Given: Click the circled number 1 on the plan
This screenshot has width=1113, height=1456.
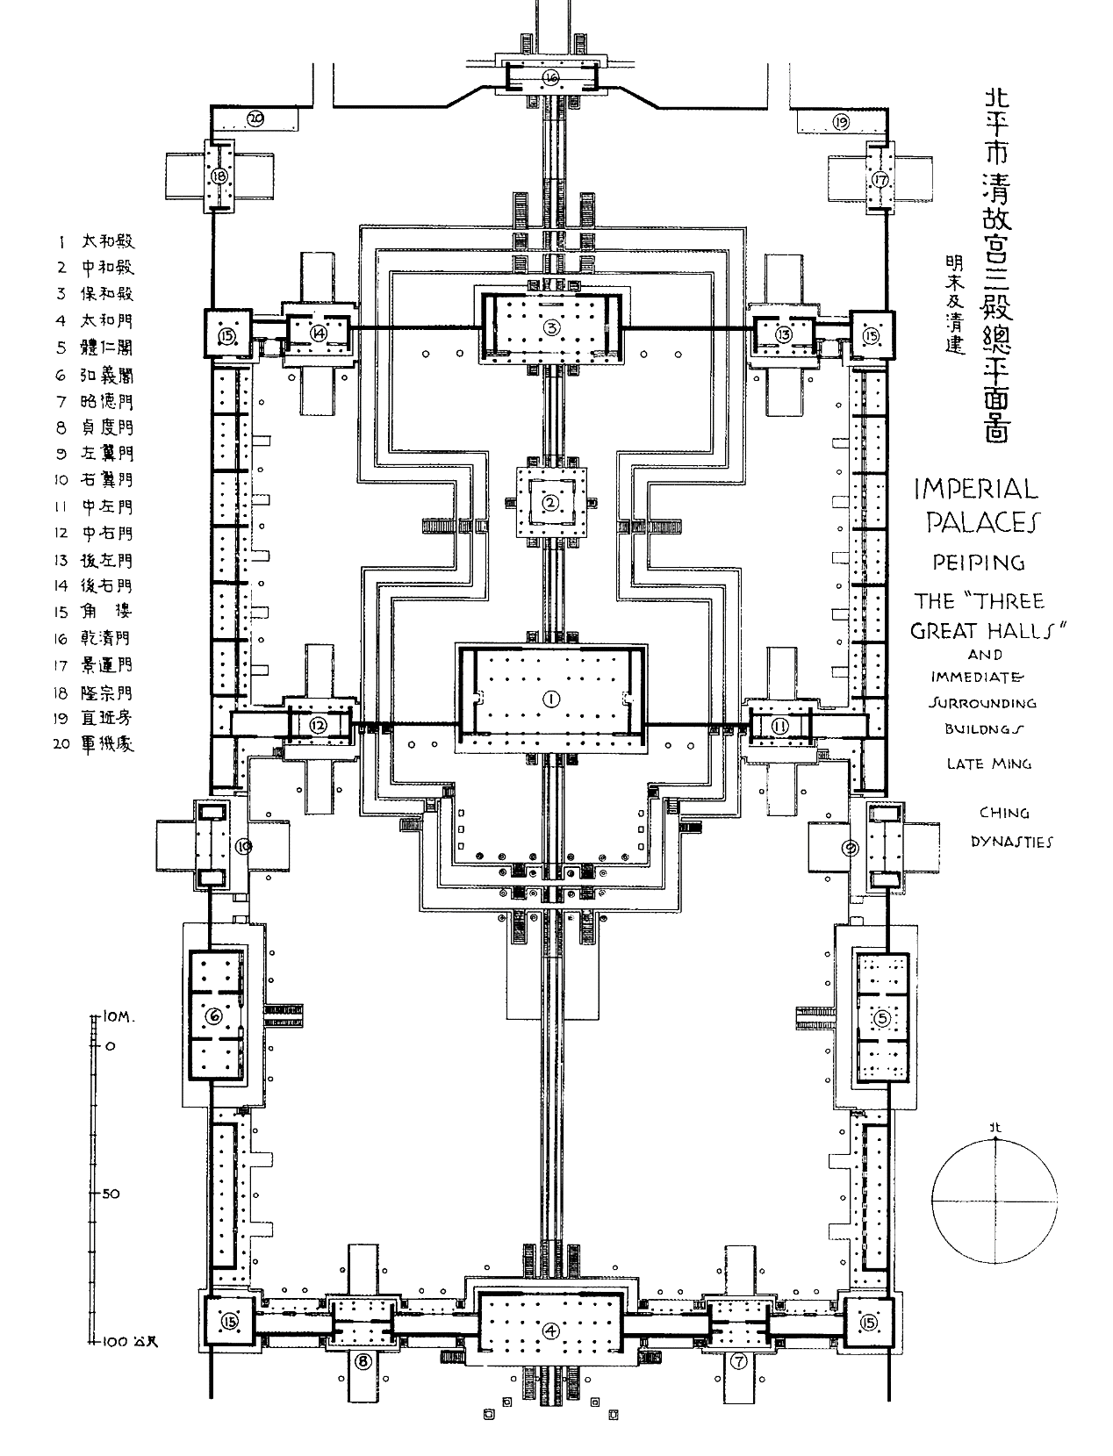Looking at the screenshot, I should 551,698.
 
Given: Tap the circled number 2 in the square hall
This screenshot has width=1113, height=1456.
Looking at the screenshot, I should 550,503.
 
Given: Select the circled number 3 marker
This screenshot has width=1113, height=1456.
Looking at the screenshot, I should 551,327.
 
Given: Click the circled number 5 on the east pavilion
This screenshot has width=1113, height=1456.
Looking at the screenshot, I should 882,1018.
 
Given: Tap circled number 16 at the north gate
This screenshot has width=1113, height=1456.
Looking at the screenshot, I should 550,77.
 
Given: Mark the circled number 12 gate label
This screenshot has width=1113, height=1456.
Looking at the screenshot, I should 318,725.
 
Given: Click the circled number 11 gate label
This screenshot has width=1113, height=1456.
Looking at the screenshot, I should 779,725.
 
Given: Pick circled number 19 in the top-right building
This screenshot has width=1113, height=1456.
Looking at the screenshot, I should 841,122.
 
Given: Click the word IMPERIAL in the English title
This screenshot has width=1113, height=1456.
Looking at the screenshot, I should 974,488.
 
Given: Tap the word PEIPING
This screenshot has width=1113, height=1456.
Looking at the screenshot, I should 979,562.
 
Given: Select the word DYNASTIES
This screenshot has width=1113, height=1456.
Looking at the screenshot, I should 1011,842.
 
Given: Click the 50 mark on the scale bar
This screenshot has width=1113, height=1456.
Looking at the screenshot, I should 111,1194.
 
